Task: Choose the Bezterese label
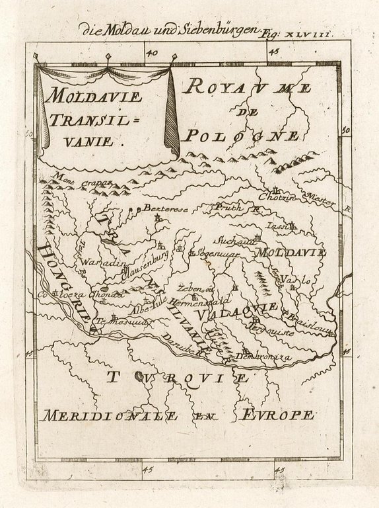pyautogui.click(x=165, y=209)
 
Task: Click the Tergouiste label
pyautogui.click(x=273, y=329)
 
